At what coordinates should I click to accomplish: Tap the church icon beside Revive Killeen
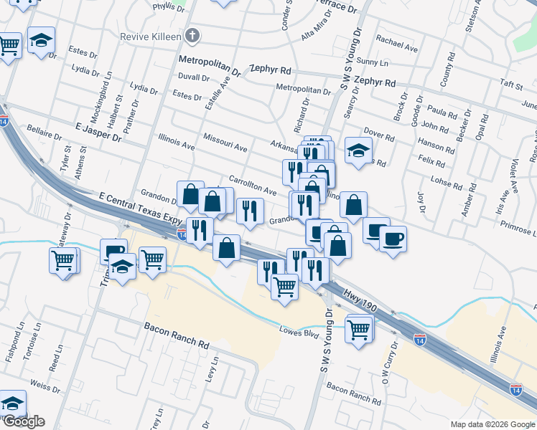coord(192,35)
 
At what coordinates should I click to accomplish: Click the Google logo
coord(23,421)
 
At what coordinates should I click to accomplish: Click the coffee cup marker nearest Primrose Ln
coord(392,238)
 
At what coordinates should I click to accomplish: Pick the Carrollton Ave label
coord(252,186)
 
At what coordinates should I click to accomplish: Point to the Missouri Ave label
coord(225,142)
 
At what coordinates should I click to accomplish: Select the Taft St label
coord(511,85)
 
